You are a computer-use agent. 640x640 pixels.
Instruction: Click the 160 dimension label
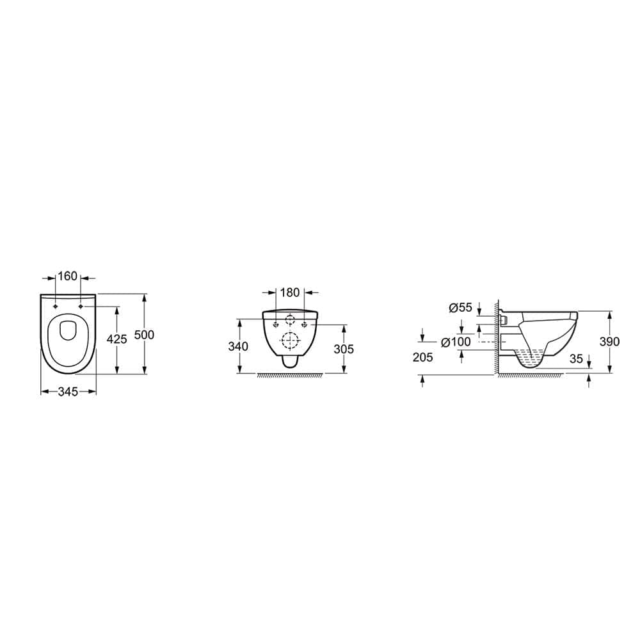point(67,276)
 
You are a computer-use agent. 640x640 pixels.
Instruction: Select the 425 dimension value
point(116,340)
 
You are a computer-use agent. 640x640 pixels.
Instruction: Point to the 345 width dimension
point(68,391)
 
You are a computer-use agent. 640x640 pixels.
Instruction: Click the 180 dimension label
point(290,292)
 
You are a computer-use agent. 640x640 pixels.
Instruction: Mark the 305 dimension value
point(344,349)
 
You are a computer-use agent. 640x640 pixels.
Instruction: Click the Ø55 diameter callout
point(461,308)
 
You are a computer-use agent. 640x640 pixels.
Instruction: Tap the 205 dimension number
point(423,358)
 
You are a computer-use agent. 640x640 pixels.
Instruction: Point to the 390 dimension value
point(609,342)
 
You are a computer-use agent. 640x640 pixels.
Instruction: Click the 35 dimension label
point(576,359)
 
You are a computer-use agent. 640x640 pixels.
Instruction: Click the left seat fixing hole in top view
point(56,307)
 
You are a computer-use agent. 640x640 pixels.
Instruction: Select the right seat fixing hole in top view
point(81,307)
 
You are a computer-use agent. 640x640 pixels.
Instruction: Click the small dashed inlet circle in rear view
point(291,320)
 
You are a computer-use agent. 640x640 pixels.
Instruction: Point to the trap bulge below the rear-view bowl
point(291,362)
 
